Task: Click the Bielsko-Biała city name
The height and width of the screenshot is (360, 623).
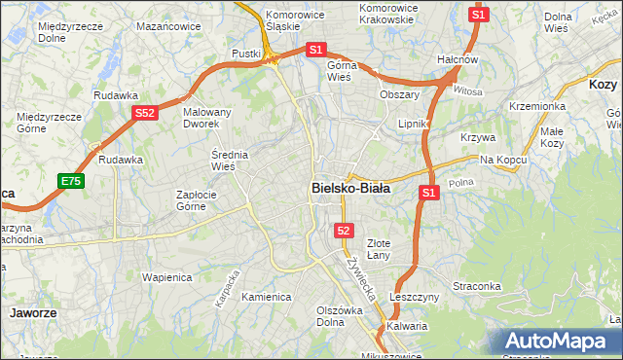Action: point(350,188)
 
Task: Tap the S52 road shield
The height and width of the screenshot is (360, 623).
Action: point(145,113)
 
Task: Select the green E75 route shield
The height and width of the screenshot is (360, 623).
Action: point(71,181)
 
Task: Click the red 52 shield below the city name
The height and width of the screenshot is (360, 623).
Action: point(343,230)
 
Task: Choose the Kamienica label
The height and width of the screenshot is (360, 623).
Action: point(267,297)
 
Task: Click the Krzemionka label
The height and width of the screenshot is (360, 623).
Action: point(537,106)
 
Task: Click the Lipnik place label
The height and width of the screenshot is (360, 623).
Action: point(415,125)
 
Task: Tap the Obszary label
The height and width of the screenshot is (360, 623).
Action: point(399,94)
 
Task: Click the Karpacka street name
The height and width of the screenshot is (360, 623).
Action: point(226,287)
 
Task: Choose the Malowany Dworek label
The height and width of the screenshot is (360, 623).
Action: point(207,119)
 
